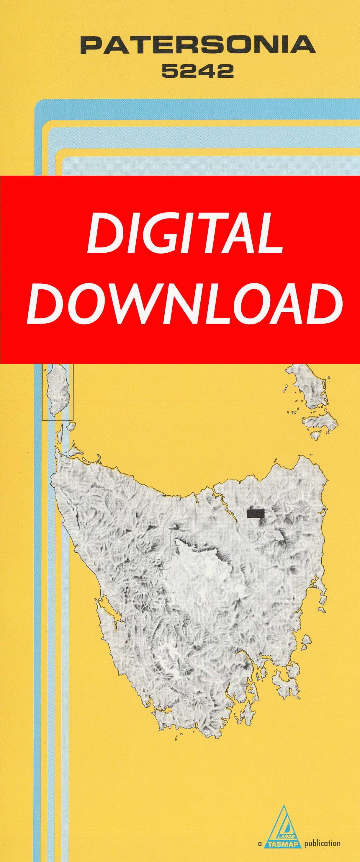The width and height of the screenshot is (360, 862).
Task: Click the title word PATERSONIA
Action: coord(198,45)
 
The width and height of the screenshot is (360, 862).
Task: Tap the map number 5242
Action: coord(197,71)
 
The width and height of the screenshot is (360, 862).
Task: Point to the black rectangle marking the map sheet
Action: coord(256,513)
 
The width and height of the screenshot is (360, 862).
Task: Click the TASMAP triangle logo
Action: coord(284,827)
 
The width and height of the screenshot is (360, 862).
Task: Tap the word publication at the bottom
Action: coord(322,844)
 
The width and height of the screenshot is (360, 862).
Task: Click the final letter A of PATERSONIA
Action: coord(304,45)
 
